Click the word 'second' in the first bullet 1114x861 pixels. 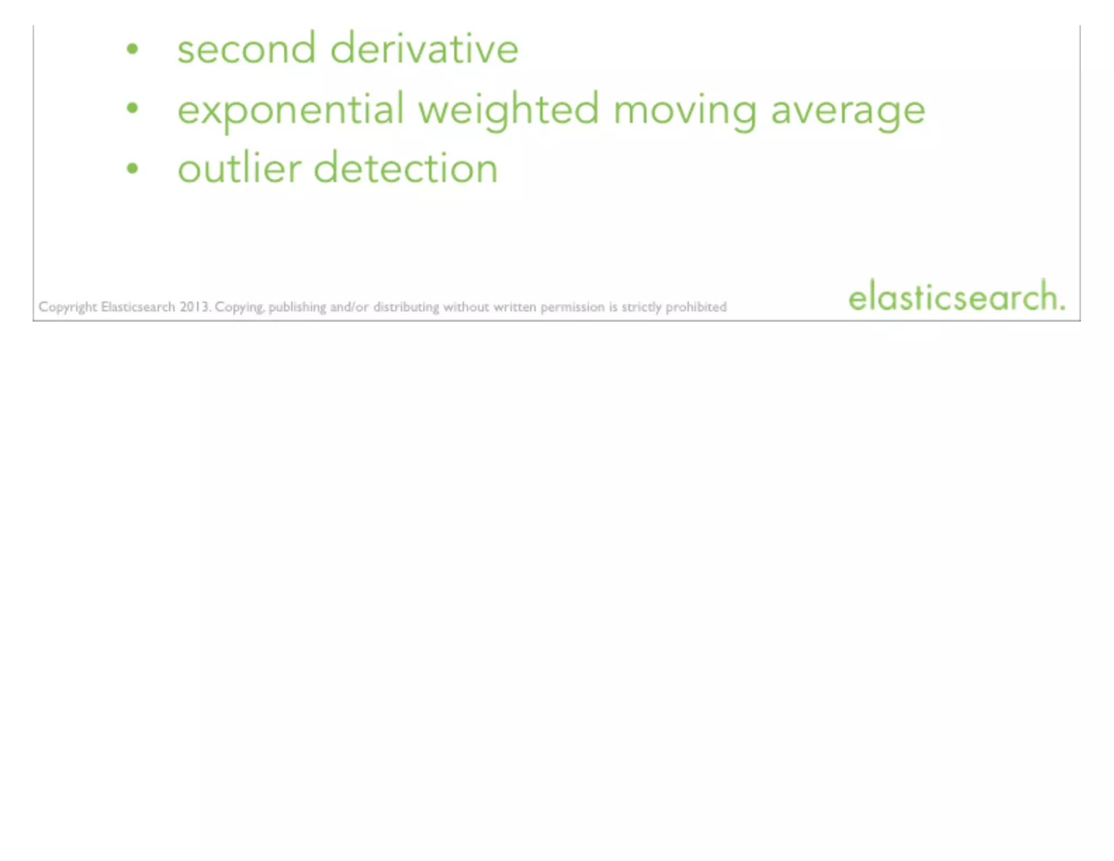(246, 50)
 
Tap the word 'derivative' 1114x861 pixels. (424, 50)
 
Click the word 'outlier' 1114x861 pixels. (239, 169)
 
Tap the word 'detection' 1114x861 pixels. (406, 169)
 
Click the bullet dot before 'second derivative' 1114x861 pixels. (132, 50)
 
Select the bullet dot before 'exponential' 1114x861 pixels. (132, 109)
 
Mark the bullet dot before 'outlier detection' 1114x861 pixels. (132, 169)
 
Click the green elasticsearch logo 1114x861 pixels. (956, 297)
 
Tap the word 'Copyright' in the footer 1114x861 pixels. (67, 307)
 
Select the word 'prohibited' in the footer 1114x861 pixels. (696, 307)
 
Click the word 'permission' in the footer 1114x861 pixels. (572, 307)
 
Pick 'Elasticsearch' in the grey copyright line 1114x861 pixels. (138, 307)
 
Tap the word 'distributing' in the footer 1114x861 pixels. (406, 307)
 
